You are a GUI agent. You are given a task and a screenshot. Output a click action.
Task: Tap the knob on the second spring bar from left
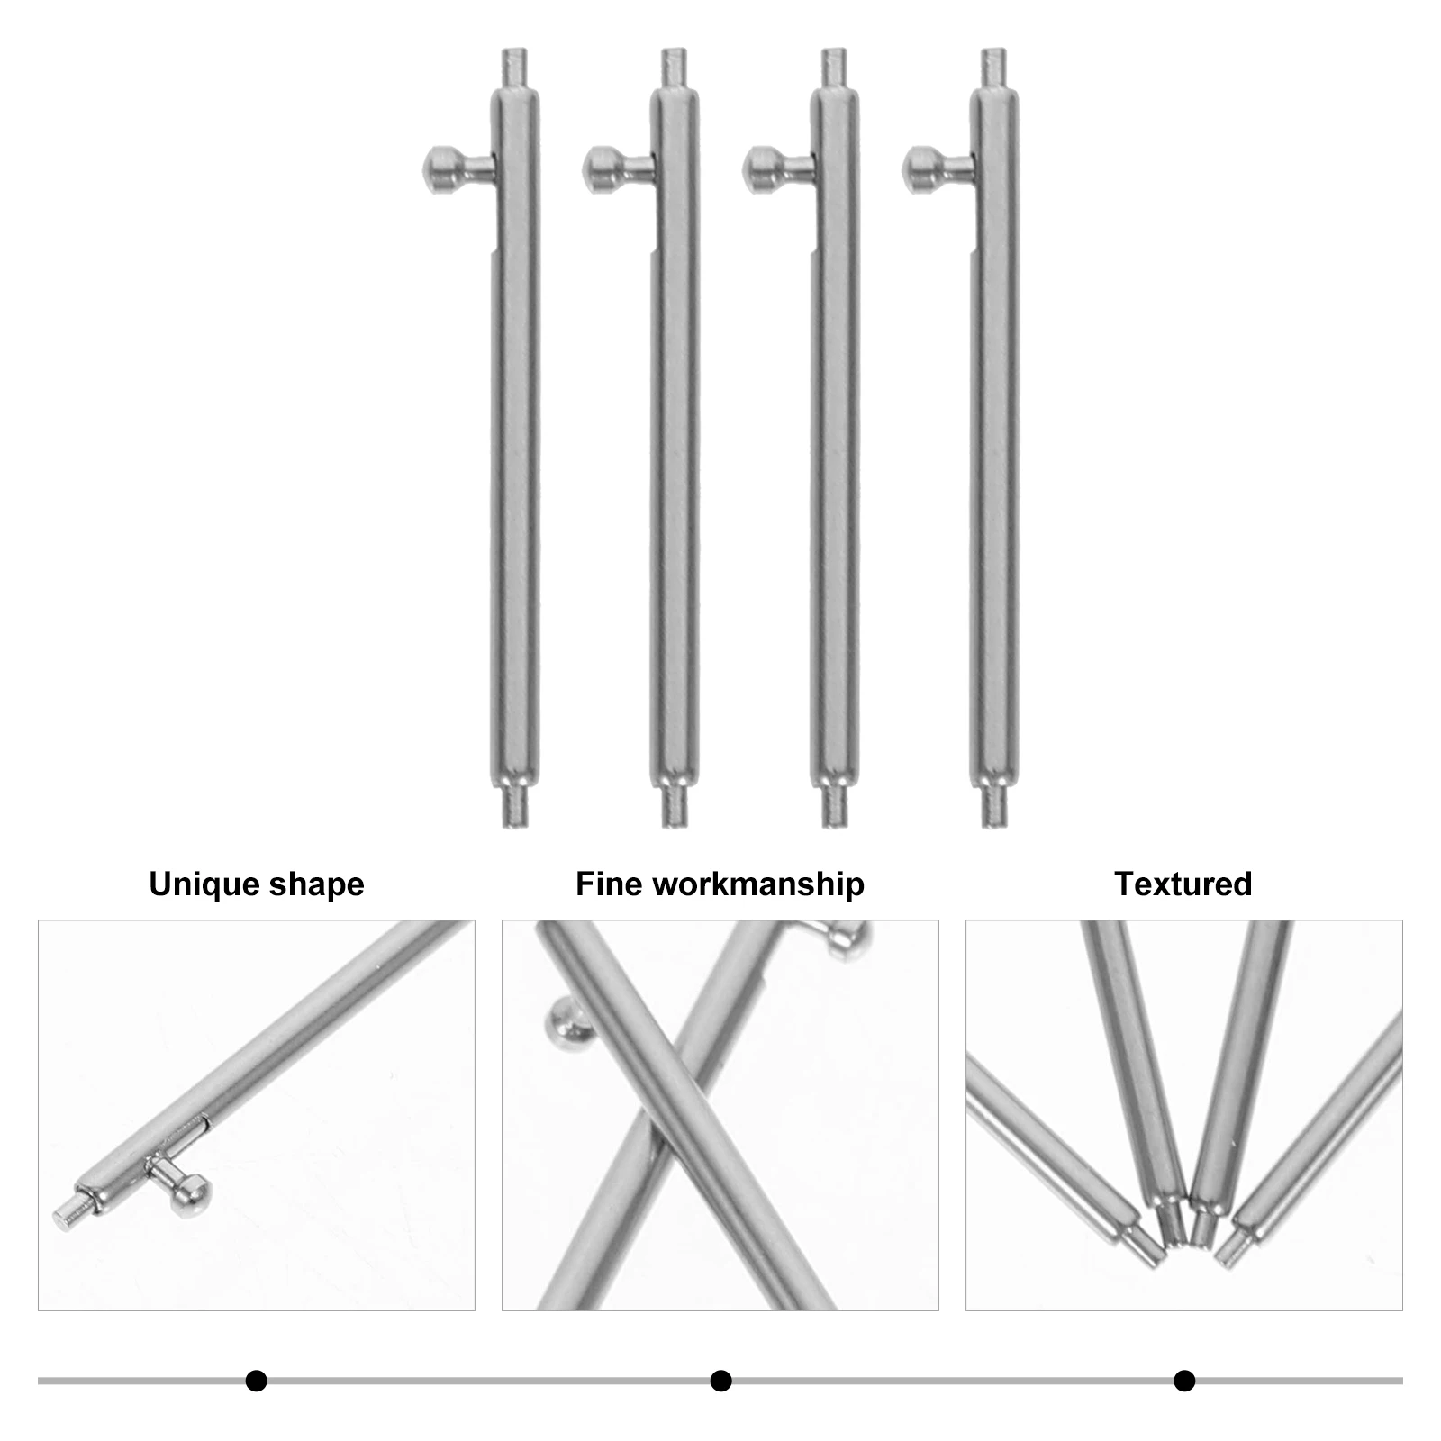coord(597,166)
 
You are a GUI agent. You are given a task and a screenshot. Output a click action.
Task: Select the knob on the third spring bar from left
coord(758,166)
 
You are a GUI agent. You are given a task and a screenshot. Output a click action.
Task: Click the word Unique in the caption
coord(199,884)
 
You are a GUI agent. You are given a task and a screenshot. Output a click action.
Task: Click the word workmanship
coord(758,884)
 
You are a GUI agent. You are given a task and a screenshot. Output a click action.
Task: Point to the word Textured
coord(1183,884)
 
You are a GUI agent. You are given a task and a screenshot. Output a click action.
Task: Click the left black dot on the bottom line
coord(257,1381)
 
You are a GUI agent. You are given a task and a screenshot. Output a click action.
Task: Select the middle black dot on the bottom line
coord(720,1381)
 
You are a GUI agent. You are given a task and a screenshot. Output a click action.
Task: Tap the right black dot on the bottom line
coord(1184,1381)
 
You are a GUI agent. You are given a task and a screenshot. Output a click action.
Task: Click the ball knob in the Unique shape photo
coord(191,1194)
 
